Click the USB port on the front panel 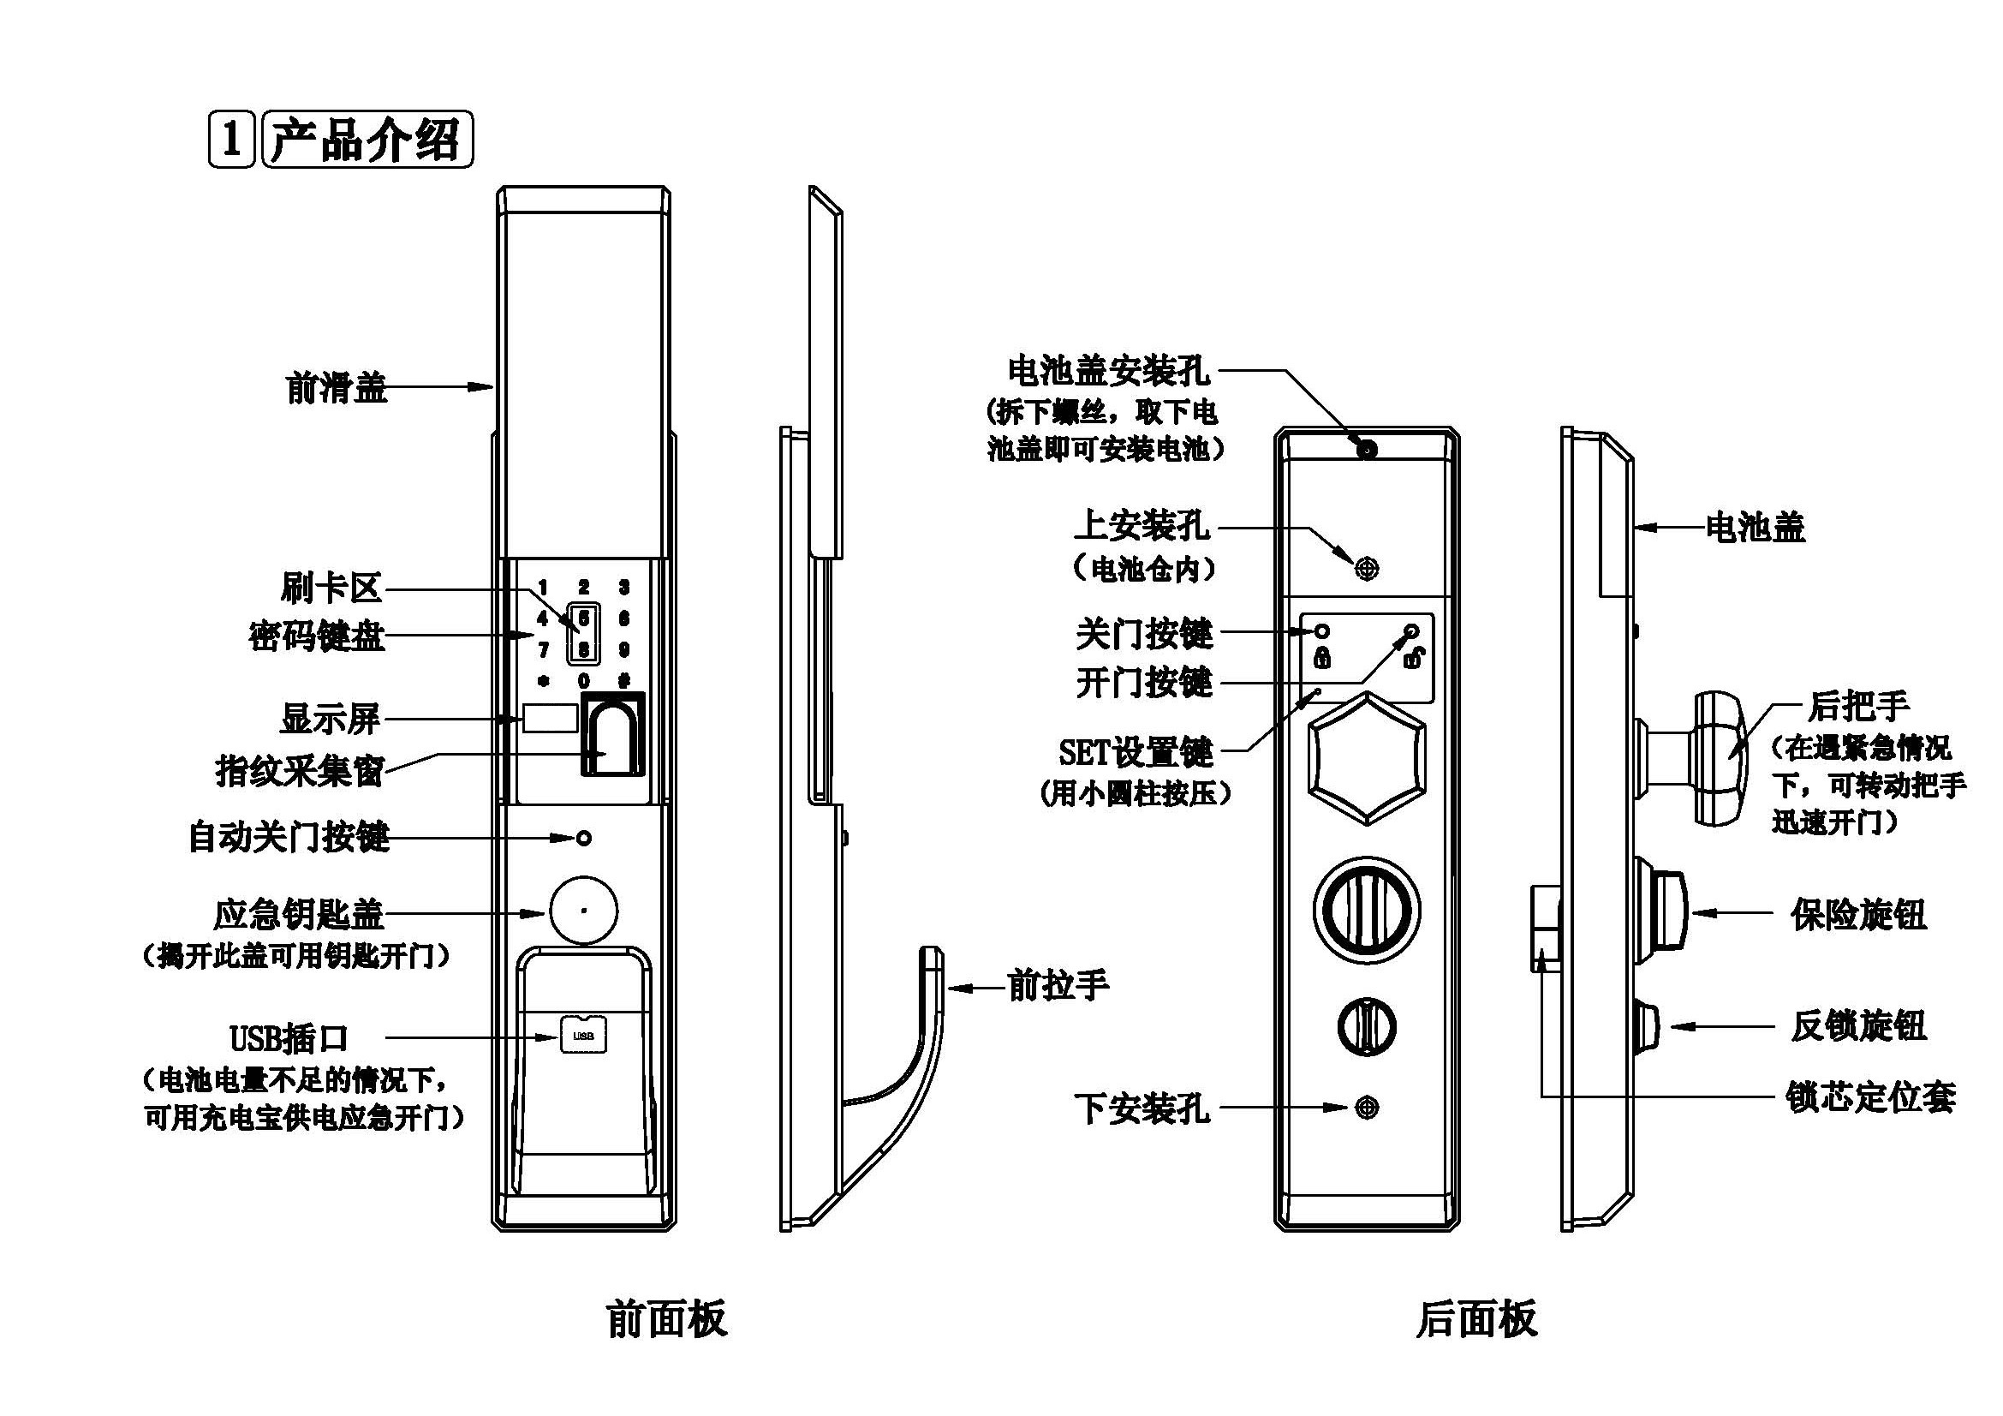click(584, 1036)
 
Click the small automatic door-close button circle click(585, 838)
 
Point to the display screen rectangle click(550, 718)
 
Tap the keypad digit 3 click(623, 587)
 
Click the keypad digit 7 click(543, 650)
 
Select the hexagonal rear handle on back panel click(1367, 757)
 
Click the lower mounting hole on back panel click(1367, 1108)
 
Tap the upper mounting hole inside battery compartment click(1367, 569)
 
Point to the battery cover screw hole click(1367, 450)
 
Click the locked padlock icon click(1322, 657)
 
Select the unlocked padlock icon click(1413, 658)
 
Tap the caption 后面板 click(1476, 1319)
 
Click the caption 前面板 click(666, 1319)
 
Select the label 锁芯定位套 click(1870, 1096)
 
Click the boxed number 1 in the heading click(231, 139)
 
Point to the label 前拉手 click(1058, 986)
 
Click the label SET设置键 click(1136, 752)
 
